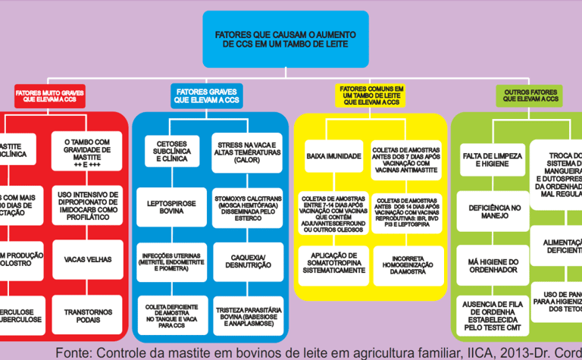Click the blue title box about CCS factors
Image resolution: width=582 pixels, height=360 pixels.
[286, 39]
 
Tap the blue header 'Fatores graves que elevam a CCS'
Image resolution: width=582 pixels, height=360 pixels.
[206, 95]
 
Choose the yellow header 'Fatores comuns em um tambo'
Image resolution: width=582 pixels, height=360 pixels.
[371, 95]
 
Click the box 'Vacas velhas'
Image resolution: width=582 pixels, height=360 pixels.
[88, 259]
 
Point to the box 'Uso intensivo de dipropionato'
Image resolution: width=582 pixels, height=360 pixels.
[88, 205]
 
